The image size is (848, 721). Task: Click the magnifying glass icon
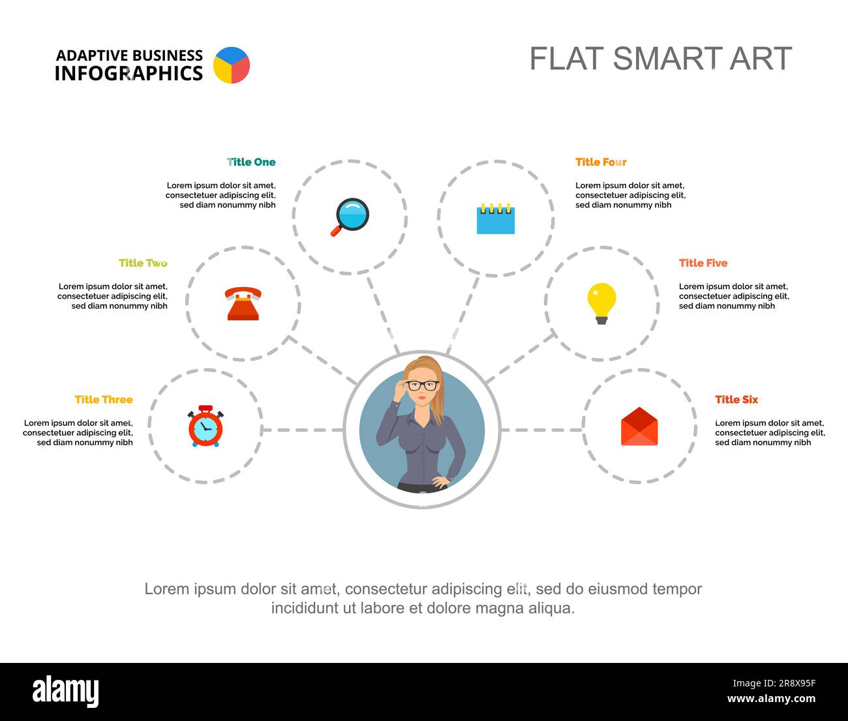tap(350, 217)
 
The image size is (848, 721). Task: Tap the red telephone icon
tap(243, 303)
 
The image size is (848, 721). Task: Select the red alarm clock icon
tap(205, 427)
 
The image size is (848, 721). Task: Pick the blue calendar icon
tap(496, 219)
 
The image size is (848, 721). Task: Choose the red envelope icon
tap(639, 427)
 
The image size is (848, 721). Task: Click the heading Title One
tap(251, 162)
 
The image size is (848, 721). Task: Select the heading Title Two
tap(143, 263)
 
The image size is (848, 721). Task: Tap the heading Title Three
tap(104, 399)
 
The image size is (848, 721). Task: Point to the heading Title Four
tap(601, 162)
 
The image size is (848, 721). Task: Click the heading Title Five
tap(703, 263)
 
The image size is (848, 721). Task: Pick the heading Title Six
tap(736, 399)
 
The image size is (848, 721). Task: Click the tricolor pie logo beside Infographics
tap(232, 65)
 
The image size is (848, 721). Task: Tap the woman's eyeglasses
tap(423, 385)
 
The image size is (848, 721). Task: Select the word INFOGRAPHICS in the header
tap(129, 74)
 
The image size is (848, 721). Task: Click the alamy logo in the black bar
tap(66, 692)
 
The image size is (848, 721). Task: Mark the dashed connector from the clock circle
tap(303, 430)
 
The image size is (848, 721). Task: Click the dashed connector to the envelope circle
tap(541, 430)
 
